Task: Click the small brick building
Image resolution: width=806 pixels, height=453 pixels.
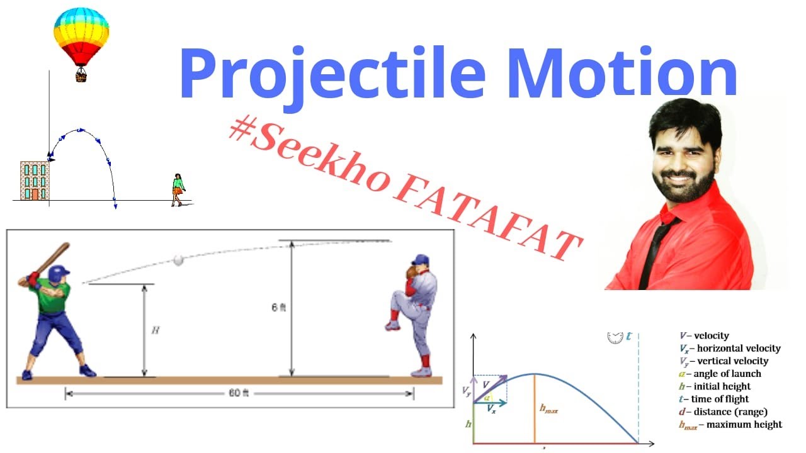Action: tap(35, 181)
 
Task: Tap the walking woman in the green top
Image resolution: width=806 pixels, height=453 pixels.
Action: tap(178, 189)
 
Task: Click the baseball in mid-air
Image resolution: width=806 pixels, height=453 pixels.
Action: tap(179, 260)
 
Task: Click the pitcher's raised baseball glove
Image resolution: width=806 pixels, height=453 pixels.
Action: tap(412, 271)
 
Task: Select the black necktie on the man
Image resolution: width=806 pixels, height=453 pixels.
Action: tap(657, 252)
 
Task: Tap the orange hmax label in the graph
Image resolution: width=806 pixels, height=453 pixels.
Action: tap(549, 410)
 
